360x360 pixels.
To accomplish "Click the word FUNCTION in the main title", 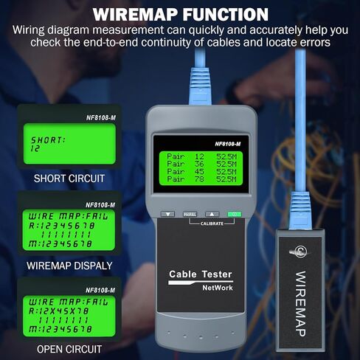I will point(223,14).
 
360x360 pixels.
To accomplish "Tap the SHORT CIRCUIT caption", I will point(69,179).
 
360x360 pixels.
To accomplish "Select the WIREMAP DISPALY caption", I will point(69,266).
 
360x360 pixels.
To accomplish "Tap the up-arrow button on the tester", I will point(212,213).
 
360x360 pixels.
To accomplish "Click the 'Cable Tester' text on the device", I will point(201,274).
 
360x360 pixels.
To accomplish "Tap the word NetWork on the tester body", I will point(201,288).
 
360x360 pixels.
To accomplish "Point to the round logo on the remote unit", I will point(302,251).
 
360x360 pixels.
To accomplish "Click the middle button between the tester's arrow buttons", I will point(190,213).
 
